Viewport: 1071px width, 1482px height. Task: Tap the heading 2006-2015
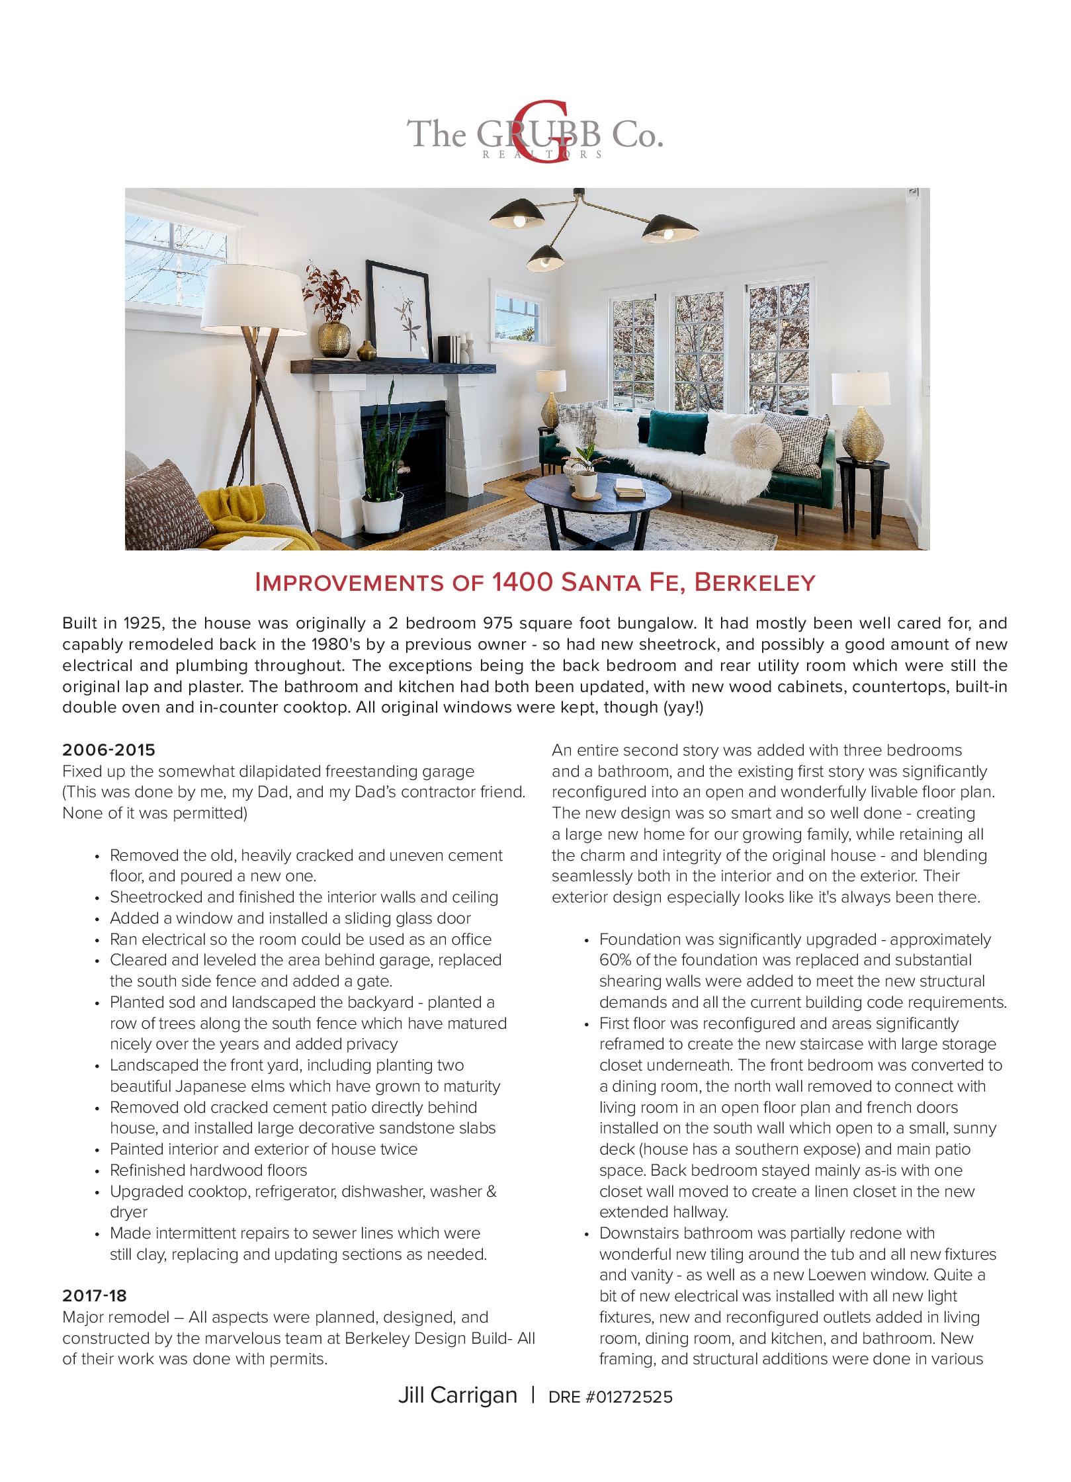(108, 750)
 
